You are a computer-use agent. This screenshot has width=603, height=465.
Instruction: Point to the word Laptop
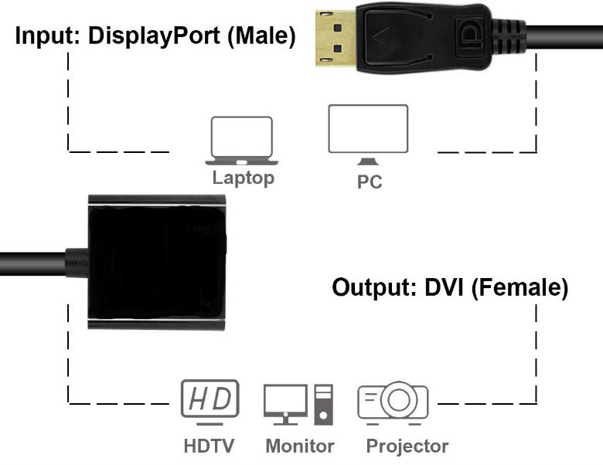click(x=243, y=178)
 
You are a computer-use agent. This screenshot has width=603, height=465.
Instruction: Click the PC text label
click(x=369, y=183)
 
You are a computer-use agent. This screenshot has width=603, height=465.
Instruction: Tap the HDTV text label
click(x=209, y=446)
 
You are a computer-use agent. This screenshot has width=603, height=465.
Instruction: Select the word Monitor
click(x=299, y=446)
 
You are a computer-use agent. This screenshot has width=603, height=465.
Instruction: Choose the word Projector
click(x=407, y=446)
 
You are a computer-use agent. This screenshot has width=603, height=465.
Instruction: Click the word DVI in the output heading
click(x=445, y=287)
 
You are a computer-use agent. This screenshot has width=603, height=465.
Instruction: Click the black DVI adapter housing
click(x=158, y=263)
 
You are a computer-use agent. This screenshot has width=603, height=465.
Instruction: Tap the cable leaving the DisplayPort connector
click(x=568, y=36)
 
